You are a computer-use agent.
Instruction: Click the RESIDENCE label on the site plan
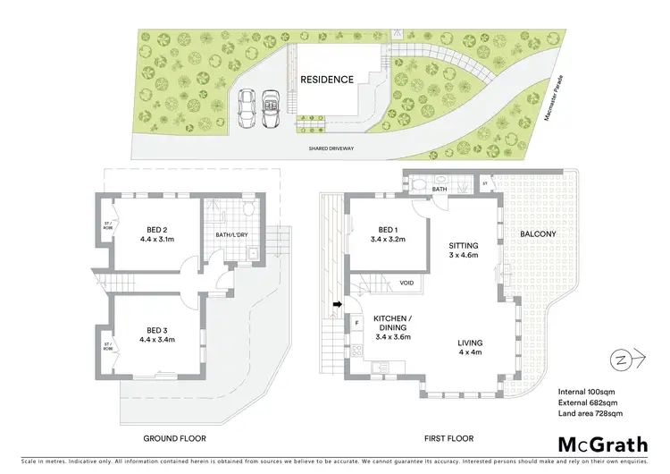click(326, 79)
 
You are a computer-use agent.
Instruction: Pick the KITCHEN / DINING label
click(392, 324)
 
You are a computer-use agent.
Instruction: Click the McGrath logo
click(604, 444)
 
